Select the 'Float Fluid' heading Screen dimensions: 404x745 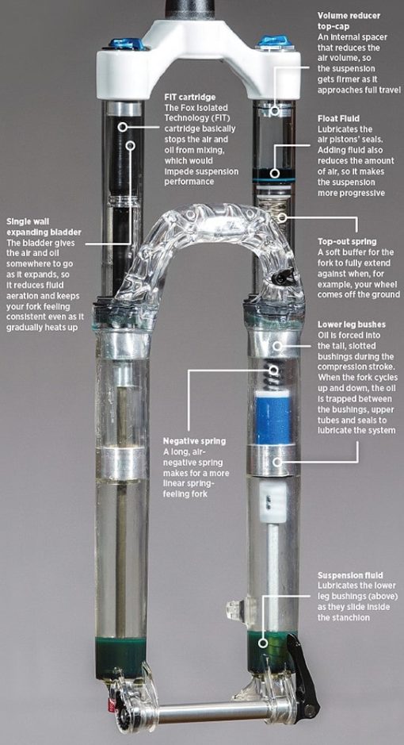point(338,118)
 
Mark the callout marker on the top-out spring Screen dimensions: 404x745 point(283,218)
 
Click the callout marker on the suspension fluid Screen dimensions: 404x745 point(263,643)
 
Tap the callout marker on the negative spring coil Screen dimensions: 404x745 point(274,371)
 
